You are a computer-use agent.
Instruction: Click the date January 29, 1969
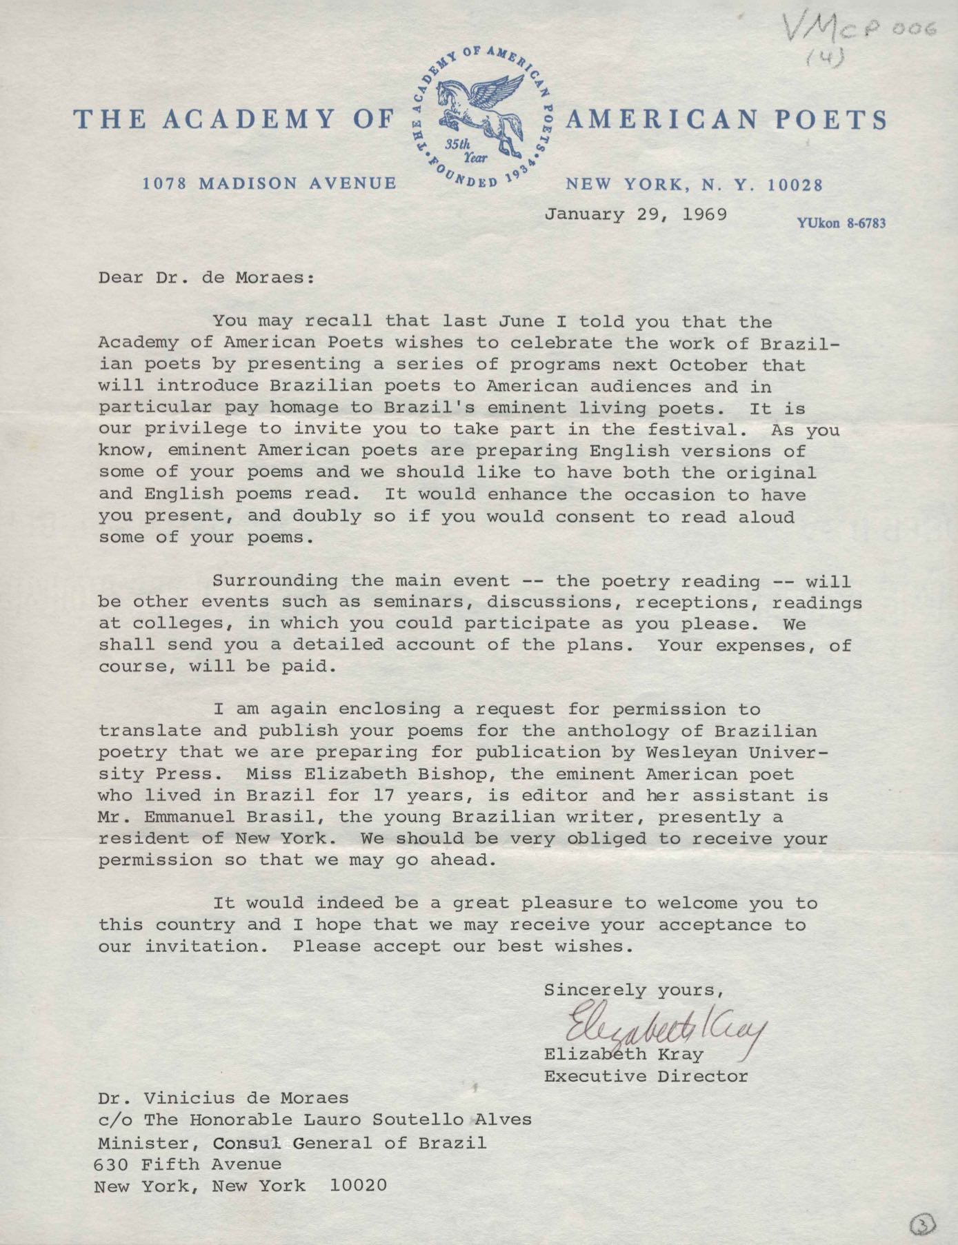(x=635, y=214)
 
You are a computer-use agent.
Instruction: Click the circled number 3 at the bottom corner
(x=922, y=1224)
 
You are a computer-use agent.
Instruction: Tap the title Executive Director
(x=646, y=1076)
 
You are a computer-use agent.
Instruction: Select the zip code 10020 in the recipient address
(x=358, y=1186)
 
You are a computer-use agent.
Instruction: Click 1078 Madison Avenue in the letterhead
(x=269, y=184)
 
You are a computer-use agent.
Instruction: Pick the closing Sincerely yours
(x=632, y=990)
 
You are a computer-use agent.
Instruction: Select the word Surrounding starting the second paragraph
(x=275, y=581)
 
